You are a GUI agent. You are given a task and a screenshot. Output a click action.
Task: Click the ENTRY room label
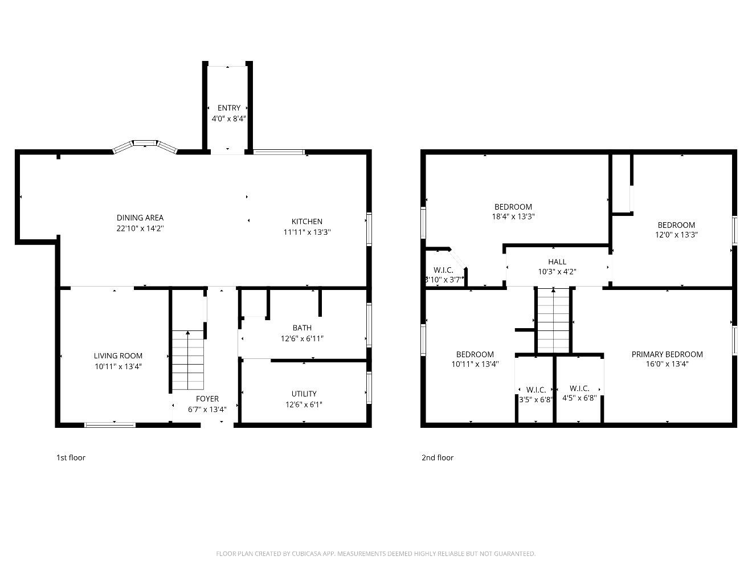click(x=228, y=108)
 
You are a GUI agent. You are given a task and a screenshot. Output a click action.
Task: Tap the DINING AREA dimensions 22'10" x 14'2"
click(x=140, y=228)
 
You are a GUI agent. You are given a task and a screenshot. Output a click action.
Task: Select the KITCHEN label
click(x=306, y=221)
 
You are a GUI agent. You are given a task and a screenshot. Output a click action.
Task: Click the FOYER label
click(x=207, y=399)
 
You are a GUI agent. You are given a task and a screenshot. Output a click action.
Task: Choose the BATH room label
click(x=302, y=328)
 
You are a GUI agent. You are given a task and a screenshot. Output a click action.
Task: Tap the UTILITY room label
click(x=304, y=394)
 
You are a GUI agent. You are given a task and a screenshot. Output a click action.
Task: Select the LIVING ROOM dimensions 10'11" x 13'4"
click(x=118, y=366)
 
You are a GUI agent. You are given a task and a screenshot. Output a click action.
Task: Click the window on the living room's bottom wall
click(x=110, y=424)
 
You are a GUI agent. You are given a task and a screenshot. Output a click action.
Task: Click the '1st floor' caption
click(x=71, y=457)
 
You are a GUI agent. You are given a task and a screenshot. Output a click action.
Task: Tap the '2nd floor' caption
click(x=438, y=457)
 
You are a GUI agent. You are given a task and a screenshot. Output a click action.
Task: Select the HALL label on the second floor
click(x=557, y=261)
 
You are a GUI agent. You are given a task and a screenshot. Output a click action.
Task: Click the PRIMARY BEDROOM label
click(x=667, y=354)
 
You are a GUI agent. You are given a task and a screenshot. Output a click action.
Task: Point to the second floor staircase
click(x=553, y=321)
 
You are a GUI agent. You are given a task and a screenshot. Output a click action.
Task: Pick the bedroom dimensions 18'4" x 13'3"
click(x=513, y=216)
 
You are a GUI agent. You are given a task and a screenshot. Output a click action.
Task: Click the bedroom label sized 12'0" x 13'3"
click(x=676, y=224)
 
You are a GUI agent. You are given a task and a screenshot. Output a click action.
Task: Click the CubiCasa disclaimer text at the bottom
click(x=376, y=553)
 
